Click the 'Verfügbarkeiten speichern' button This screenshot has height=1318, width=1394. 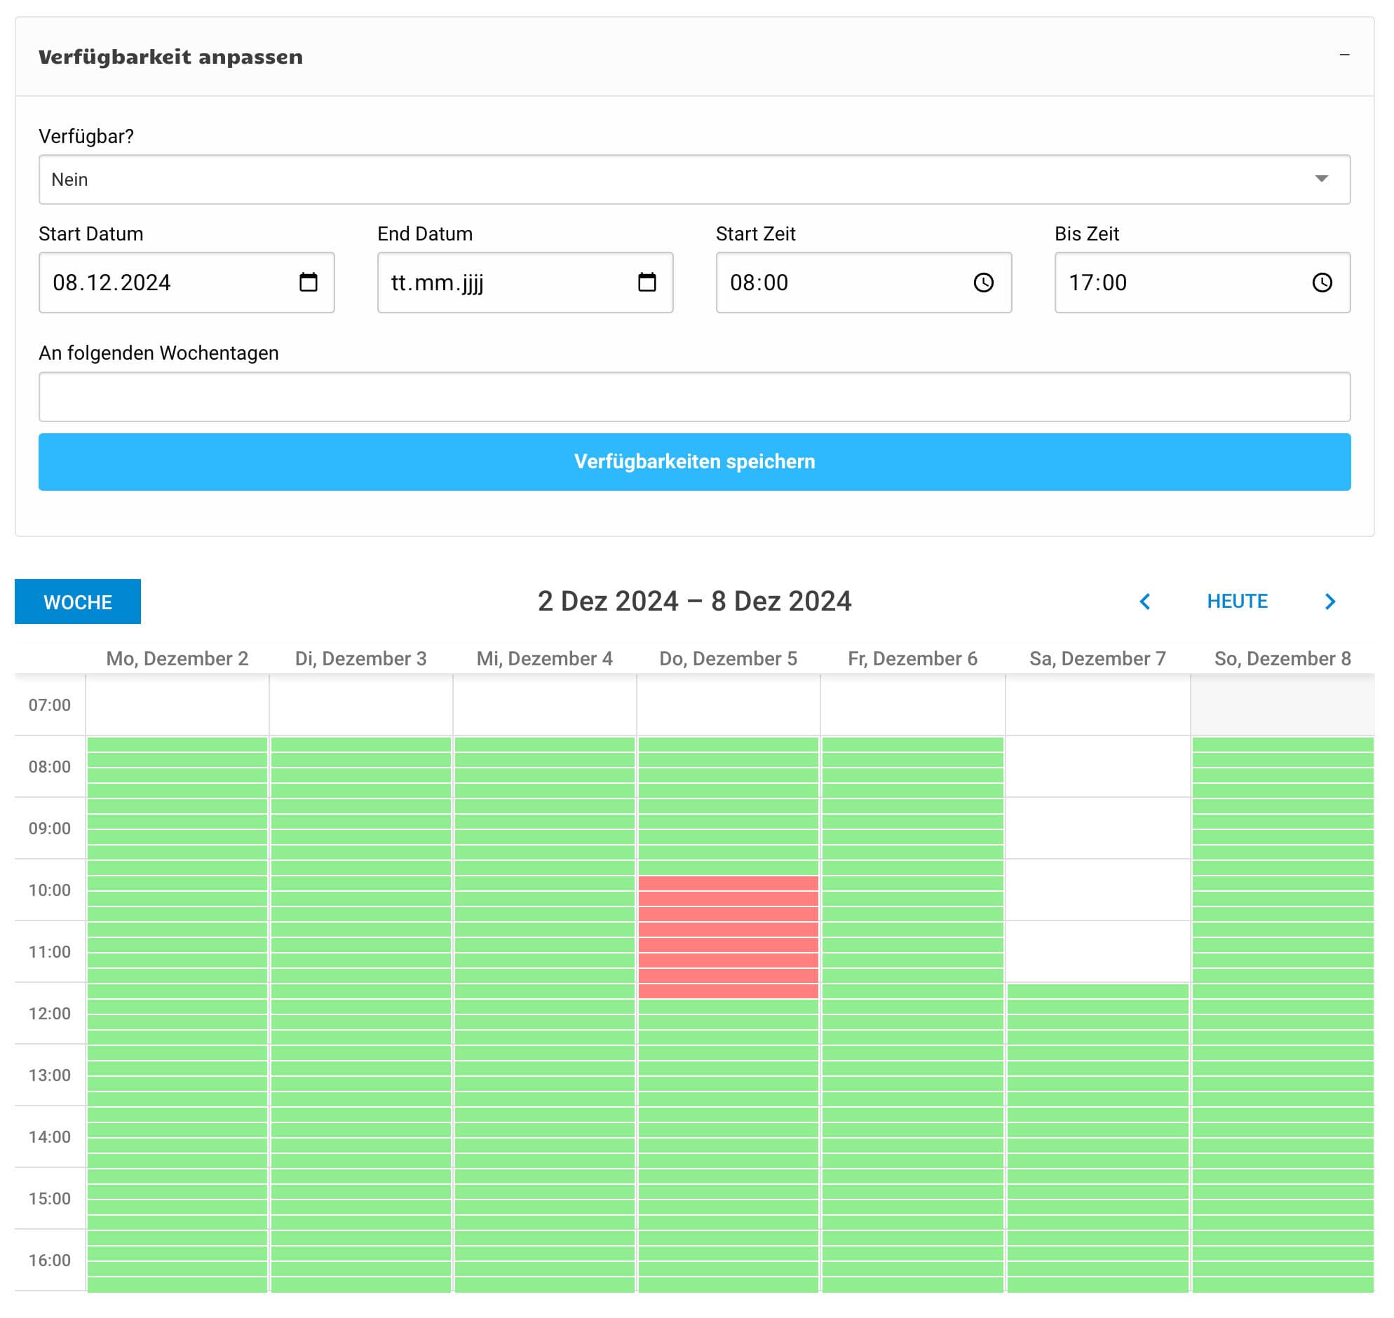pos(694,461)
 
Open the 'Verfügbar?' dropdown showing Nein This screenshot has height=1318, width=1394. pos(694,179)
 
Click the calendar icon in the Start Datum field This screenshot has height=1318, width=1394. pos(309,283)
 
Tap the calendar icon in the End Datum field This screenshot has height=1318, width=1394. pos(647,283)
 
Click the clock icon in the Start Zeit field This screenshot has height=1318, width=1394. pos(983,283)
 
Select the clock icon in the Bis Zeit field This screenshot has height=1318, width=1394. pos(1322,283)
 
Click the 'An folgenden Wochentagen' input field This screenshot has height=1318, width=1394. pos(694,396)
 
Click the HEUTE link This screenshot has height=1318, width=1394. pos(1237,602)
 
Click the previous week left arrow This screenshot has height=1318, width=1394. pos(1144,602)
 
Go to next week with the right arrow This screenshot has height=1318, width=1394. pos(1329,602)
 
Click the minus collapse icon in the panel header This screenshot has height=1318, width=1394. pos(1344,55)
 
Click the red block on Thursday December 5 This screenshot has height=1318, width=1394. pos(728,937)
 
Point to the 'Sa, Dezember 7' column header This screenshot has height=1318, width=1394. pos(1097,658)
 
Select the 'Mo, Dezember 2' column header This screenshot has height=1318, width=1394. pos(177,658)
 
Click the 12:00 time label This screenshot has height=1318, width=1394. pos(49,1013)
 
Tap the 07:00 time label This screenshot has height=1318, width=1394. pos(49,705)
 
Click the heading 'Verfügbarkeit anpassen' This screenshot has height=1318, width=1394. pos(170,57)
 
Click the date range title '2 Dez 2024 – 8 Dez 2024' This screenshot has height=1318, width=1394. pos(694,602)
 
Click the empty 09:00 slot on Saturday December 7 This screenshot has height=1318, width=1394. pos(1097,828)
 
